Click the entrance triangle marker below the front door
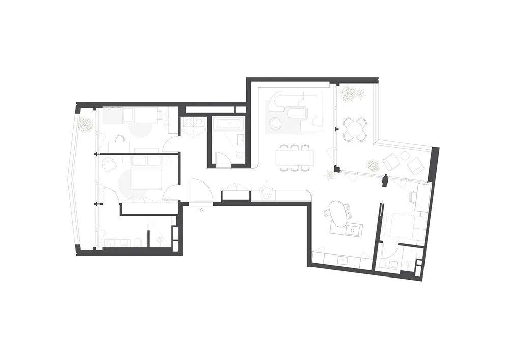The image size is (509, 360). [202, 209]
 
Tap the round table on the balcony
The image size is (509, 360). [355, 128]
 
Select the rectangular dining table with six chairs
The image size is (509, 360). [297, 157]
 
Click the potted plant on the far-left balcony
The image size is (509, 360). [84, 124]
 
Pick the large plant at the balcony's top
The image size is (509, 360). [352, 94]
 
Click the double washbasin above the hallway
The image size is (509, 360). [194, 122]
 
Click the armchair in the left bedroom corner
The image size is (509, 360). [110, 164]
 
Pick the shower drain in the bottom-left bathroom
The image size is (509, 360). [161, 239]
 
